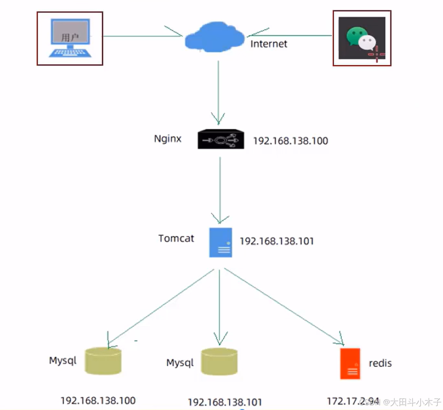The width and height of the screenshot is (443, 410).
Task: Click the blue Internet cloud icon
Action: (x=213, y=38)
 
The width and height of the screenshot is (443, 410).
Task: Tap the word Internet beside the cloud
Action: (x=269, y=44)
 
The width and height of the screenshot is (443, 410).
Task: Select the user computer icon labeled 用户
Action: (x=70, y=38)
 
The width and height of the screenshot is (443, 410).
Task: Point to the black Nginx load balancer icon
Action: (x=221, y=140)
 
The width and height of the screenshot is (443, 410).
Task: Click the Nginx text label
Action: (x=168, y=139)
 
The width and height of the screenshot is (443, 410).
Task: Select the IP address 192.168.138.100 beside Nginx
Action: (x=290, y=141)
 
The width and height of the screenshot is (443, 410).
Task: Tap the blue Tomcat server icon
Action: (x=221, y=242)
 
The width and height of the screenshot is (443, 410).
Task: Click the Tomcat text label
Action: (x=176, y=238)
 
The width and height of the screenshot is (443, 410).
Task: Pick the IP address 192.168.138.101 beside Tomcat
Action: (x=277, y=241)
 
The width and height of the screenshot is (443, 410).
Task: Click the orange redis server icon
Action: (x=350, y=363)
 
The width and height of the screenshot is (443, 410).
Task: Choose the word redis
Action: (x=380, y=363)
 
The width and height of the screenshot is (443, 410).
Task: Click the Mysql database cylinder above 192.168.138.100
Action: (x=103, y=360)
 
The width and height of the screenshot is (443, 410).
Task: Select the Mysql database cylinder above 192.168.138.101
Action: (x=219, y=361)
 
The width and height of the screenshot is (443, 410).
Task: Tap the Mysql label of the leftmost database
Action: (x=62, y=360)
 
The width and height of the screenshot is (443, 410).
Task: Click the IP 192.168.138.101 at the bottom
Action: (x=225, y=402)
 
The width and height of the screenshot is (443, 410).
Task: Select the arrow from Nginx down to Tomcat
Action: (x=220, y=189)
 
